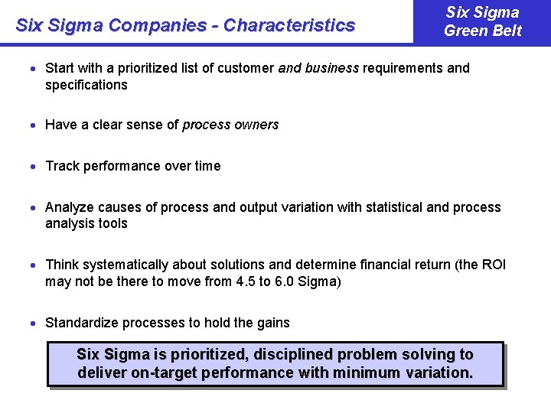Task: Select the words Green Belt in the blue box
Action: pos(482,31)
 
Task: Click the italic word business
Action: pos(332,68)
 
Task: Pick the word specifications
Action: pos(86,85)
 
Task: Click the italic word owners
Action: pos(257,125)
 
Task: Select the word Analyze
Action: pos(69,207)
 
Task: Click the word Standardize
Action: pos(81,323)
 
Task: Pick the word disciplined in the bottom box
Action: pos(292,355)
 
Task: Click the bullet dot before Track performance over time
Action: pos(36,167)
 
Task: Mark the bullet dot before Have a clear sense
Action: pos(36,125)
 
